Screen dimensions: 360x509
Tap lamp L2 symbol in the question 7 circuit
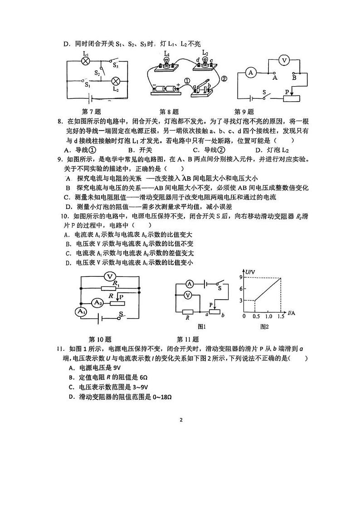coord(116,81)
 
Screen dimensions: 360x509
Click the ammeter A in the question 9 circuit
coord(249,72)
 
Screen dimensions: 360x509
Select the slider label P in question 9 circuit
coord(287,92)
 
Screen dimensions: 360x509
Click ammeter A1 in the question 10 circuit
coord(80,311)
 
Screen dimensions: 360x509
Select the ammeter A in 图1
coord(190,284)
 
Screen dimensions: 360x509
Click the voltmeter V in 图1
coord(190,295)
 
